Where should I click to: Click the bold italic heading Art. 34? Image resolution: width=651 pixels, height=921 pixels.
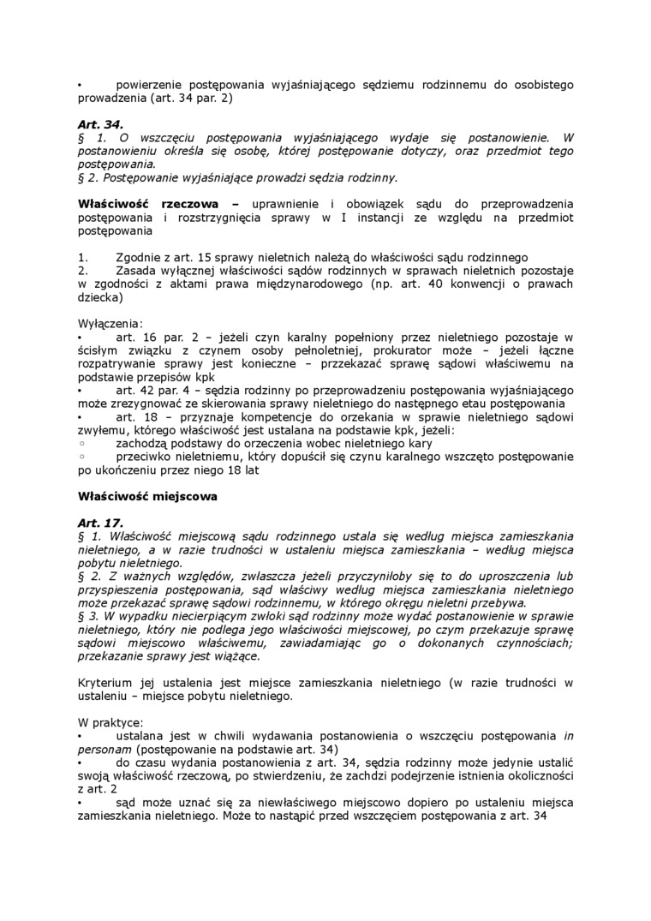100,124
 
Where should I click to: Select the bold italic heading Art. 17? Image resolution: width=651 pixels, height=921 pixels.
100,523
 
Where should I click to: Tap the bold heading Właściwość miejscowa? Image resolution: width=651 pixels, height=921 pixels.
147,496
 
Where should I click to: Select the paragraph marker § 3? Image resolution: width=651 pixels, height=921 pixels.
87,616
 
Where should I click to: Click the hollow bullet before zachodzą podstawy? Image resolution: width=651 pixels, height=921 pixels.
81,444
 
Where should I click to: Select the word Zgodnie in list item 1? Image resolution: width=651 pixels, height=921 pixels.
139,257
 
